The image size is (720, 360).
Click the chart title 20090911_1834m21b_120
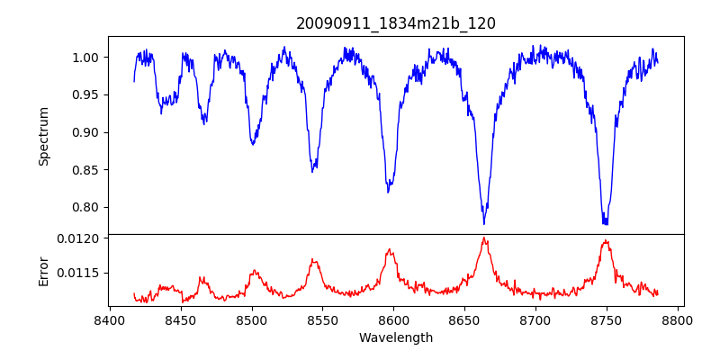point(396,23)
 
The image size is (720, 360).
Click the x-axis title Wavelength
point(396,338)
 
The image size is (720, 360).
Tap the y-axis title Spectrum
point(44,136)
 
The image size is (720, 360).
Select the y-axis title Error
point(44,270)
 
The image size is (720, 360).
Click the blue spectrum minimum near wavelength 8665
point(484,223)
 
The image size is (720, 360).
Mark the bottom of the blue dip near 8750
point(605,223)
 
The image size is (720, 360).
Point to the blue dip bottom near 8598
point(388,192)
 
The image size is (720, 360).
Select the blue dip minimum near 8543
point(312,171)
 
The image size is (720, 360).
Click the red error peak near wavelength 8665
point(484,238)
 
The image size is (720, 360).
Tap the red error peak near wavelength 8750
point(606,240)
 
